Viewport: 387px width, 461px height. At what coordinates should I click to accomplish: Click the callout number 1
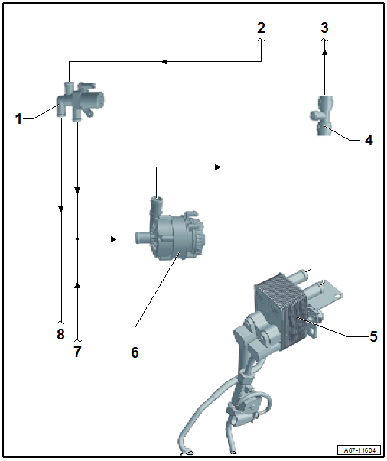pyautogui.click(x=18, y=118)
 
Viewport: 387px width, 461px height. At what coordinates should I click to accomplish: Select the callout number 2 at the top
pyautogui.click(x=261, y=28)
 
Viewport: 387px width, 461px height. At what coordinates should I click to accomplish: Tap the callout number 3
pyautogui.click(x=324, y=28)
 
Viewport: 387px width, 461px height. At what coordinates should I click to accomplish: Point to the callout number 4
pyautogui.click(x=369, y=140)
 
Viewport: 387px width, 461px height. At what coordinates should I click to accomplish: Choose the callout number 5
pyautogui.click(x=373, y=336)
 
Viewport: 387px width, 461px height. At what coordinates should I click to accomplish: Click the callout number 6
pyautogui.click(x=135, y=352)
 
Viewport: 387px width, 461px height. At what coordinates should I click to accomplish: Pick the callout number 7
pyautogui.click(x=77, y=352)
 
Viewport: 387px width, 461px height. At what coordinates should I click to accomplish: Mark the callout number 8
pyautogui.click(x=60, y=334)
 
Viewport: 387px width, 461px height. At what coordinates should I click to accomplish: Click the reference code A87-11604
pyautogui.click(x=360, y=450)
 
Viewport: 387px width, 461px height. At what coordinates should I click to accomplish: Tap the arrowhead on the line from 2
pyautogui.click(x=164, y=62)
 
